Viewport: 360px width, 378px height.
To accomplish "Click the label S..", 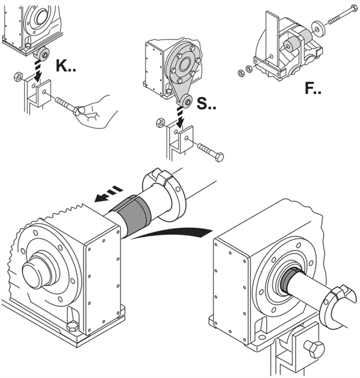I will [x=207, y=105].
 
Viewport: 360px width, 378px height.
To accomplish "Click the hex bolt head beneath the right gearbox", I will [x=314, y=350].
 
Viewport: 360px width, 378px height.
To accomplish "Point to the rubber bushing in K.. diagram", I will [x=43, y=54].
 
